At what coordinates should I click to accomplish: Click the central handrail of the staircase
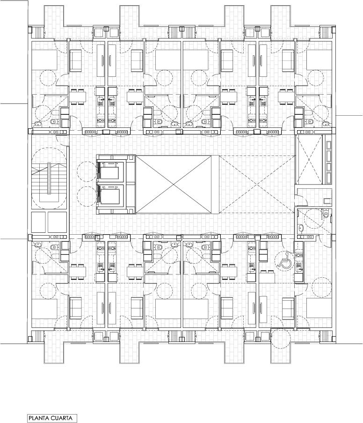[x=49, y=178]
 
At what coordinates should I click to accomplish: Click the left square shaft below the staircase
[x=38, y=222]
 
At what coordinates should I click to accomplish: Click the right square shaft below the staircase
[x=57, y=222]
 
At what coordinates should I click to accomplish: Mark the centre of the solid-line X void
[x=173, y=185]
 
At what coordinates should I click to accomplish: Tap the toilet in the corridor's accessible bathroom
[x=326, y=214]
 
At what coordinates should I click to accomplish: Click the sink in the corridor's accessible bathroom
[x=300, y=228]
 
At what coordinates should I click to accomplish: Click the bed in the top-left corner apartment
[x=44, y=59]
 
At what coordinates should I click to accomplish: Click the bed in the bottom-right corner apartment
[x=319, y=308]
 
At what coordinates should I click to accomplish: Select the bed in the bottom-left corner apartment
[x=44, y=308]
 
